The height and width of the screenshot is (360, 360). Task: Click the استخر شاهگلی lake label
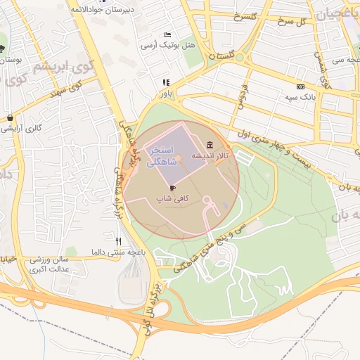162,155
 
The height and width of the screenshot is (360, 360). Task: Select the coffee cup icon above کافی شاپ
173,188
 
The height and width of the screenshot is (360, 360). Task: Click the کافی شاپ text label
173,199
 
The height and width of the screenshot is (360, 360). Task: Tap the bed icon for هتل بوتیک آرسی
167,34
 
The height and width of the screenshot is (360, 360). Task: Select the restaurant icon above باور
166,82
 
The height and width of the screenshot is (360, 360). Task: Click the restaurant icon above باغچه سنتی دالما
118,241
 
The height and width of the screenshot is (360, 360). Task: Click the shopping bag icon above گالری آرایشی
10,118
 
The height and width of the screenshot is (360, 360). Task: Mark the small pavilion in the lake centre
178,160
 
